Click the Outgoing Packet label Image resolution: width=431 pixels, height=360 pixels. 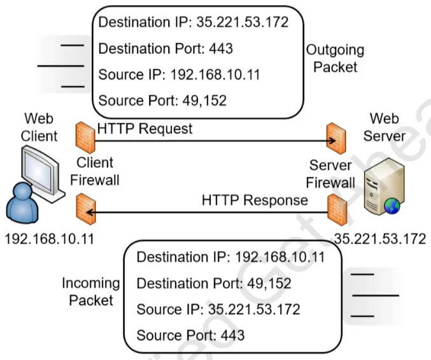pyautogui.click(x=336, y=59)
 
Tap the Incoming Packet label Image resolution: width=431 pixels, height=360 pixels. pyautogui.click(x=91, y=291)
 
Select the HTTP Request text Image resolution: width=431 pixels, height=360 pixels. pyautogui.click(x=145, y=128)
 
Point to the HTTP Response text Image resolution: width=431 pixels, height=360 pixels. pyautogui.click(x=255, y=200)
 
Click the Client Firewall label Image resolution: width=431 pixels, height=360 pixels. pyautogui.click(x=95, y=171)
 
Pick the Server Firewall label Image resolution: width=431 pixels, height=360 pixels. pyautogui.click(x=330, y=174)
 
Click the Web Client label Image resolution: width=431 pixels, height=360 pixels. pyautogui.click(x=39, y=127)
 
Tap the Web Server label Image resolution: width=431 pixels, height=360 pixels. pyautogui.click(x=385, y=127)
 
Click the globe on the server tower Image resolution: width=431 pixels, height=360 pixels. pyautogui.click(x=392, y=206)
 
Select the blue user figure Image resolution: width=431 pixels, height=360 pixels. pyautogui.click(x=22, y=203)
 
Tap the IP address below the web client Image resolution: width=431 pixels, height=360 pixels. pyautogui.click(x=50, y=239)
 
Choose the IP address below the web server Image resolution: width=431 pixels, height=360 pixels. pyautogui.click(x=381, y=239)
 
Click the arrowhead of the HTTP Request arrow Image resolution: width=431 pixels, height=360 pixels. pyautogui.click(x=332, y=141)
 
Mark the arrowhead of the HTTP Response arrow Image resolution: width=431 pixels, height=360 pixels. pyautogui.click(x=90, y=212)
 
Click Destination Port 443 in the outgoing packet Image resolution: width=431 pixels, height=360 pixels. pyautogui.click(x=166, y=48)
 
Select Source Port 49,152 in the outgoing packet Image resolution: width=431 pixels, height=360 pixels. pyautogui.click(x=162, y=100)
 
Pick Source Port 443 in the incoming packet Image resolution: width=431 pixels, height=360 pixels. pyautogui.click(x=190, y=335)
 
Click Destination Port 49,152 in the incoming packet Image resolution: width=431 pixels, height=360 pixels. pyautogui.click(x=214, y=284)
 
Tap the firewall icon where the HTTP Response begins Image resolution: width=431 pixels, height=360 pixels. pyautogui.click(x=337, y=210)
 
